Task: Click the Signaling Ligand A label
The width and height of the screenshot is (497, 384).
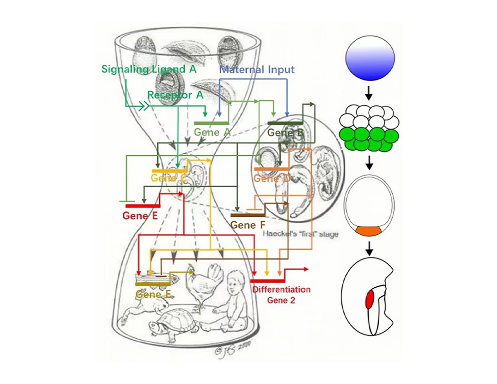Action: pos(149,69)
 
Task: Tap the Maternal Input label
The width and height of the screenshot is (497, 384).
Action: pos(257,69)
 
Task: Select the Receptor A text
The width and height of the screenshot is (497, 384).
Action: pos(170,94)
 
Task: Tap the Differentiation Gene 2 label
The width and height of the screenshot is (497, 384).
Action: pos(282,294)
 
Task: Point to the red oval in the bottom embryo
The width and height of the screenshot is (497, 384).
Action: pos(370,299)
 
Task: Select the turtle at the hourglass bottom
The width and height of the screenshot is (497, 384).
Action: pos(172,325)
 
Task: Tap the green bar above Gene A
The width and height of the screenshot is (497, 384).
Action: pos(211,123)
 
